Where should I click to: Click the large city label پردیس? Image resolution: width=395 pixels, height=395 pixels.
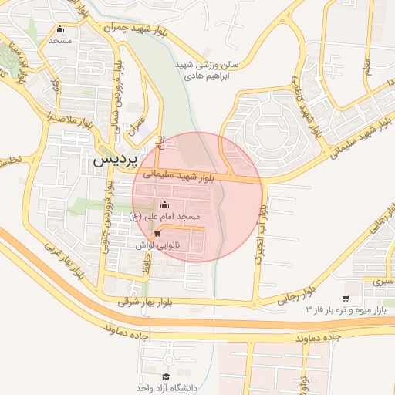tap(114, 160)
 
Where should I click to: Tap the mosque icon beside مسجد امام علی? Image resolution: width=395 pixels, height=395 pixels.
tap(164, 205)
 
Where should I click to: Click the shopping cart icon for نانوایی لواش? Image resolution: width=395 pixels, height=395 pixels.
tap(158, 233)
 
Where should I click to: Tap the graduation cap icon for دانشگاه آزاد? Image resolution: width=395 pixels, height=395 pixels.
tap(164, 376)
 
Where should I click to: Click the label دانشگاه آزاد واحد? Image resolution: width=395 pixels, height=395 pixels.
tap(164, 387)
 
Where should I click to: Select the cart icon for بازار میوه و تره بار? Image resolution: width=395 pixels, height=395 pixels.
tap(346, 299)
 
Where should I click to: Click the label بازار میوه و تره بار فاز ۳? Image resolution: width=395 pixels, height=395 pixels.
tap(346, 310)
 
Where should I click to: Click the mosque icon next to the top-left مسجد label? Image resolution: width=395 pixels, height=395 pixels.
tap(59, 29)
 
